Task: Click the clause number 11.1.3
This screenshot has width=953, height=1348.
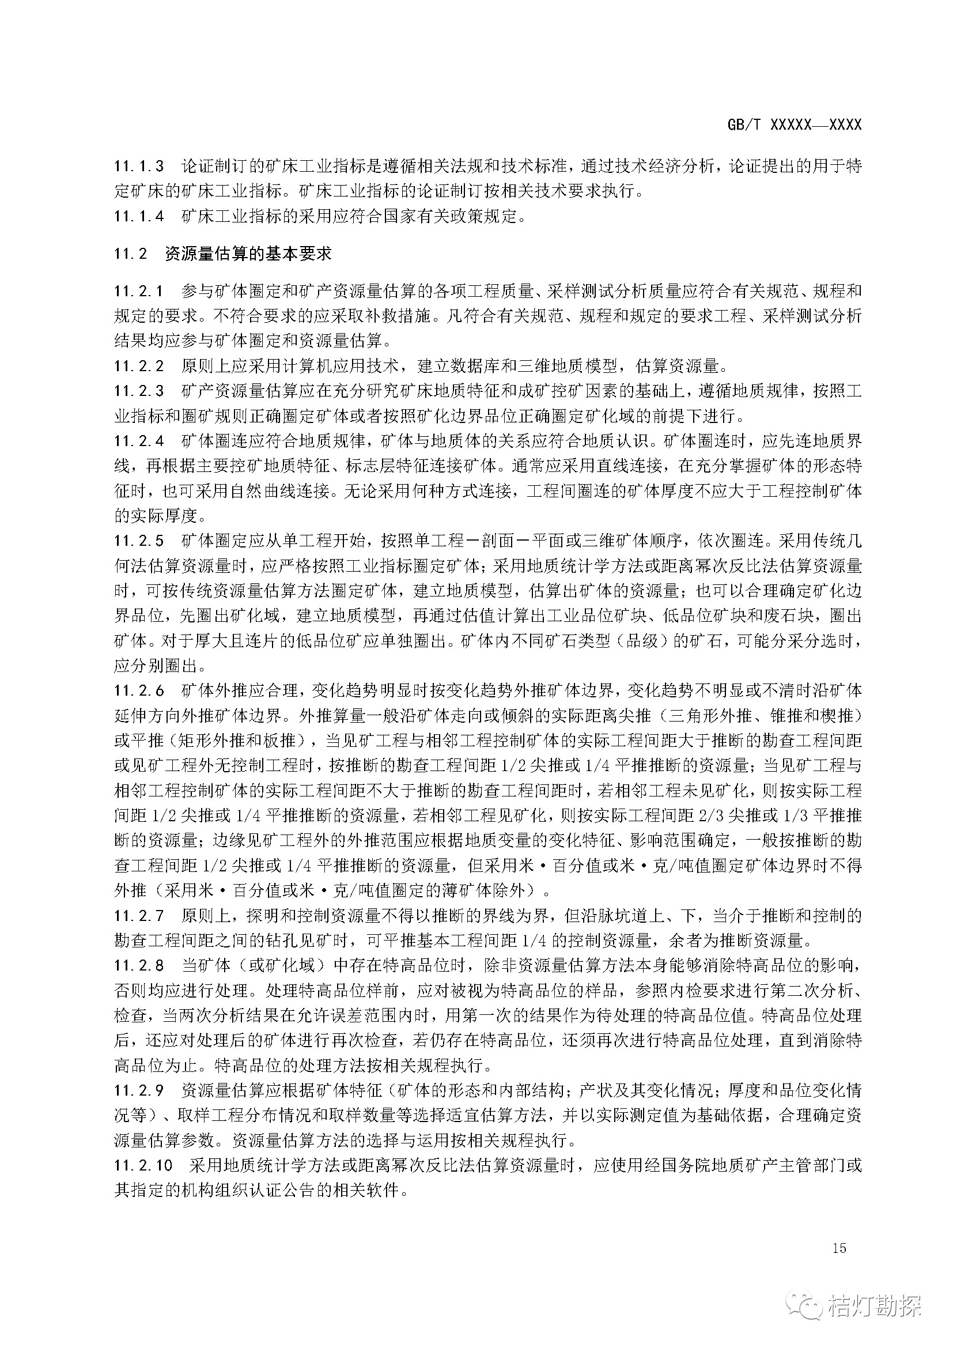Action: pos(139,166)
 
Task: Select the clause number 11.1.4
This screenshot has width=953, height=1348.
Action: pos(139,216)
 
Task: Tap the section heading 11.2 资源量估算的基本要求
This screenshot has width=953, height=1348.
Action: pos(223,254)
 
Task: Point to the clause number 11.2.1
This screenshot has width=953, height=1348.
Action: pos(139,290)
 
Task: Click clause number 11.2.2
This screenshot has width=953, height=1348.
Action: pos(139,366)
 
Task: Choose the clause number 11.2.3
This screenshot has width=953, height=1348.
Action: pos(139,390)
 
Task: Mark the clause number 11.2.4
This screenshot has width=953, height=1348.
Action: pos(139,441)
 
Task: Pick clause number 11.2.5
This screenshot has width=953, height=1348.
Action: pos(139,541)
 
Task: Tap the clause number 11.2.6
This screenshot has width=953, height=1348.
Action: pos(139,690)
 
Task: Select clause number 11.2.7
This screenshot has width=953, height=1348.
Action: pos(139,915)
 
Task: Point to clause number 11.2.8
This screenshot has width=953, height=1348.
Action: pos(139,965)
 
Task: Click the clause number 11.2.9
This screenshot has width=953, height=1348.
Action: pos(139,1090)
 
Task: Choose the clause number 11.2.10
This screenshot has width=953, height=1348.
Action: pos(143,1165)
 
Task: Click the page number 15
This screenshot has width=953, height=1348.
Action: pos(839,1248)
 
